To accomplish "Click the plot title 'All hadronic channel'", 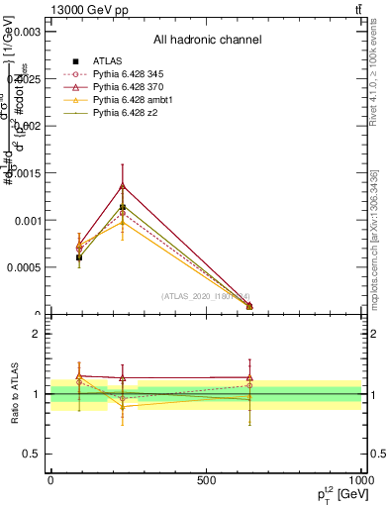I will (x=207, y=40).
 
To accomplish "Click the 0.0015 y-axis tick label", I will (x=24, y=173).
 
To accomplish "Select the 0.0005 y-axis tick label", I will (x=24, y=267).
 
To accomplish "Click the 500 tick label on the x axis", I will (x=206, y=480).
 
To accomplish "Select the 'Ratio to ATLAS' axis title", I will (x=16, y=394).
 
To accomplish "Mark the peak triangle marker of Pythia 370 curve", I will (x=123, y=185).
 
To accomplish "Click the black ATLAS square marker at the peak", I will (x=123, y=208).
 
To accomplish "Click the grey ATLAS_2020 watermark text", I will (x=205, y=296).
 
